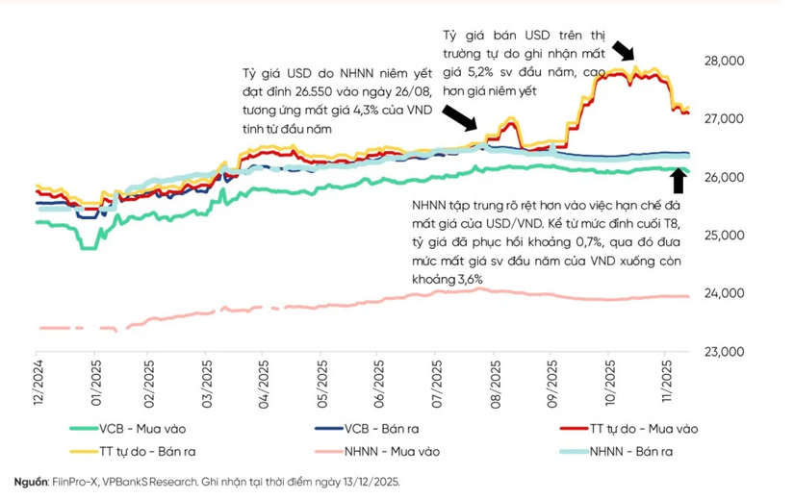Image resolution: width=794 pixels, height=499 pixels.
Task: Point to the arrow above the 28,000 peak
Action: pos(625,52)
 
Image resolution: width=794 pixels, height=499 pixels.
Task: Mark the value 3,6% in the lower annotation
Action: pos(465,278)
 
